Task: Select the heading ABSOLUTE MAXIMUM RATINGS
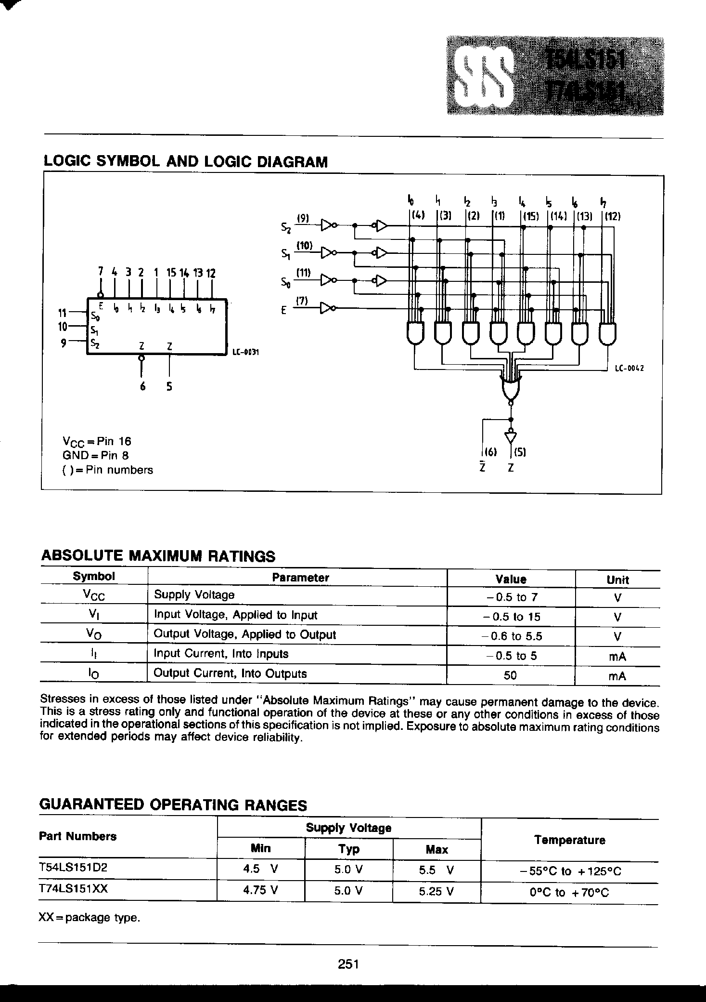[x=158, y=556]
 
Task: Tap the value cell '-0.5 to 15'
[x=511, y=617]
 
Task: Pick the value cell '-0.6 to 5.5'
[x=511, y=636]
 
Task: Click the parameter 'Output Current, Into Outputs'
[x=230, y=673]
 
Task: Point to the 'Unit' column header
[x=617, y=580]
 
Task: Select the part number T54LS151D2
[x=73, y=867]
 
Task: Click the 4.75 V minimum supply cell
[x=260, y=891]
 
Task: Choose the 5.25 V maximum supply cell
[x=436, y=891]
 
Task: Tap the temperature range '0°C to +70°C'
[x=569, y=893]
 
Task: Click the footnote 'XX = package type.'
[x=90, y=918]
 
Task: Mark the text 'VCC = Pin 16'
[x=97, y=441]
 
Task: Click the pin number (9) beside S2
[x=303, y=218]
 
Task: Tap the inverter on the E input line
[x=328, y=308]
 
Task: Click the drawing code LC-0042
[x=629, y=369]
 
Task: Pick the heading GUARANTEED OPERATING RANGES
[x=173, y=805]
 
